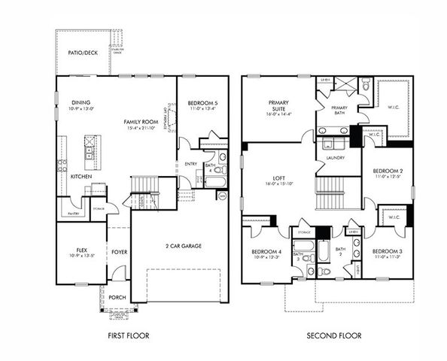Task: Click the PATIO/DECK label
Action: tap(82, 53)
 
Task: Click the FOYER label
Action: tap(119, 252)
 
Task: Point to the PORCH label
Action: tap(118, 297)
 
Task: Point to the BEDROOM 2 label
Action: tap(388, 171)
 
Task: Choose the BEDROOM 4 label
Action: tap(266, 251)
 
